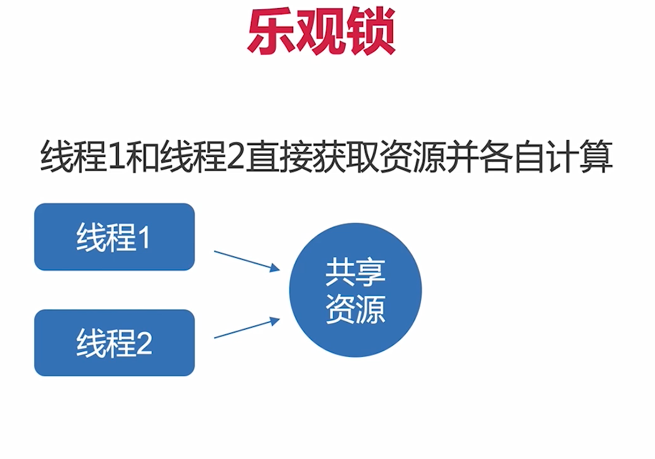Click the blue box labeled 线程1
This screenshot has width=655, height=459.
(x=115, y=237)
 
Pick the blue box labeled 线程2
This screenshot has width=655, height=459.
(x=115, y=343)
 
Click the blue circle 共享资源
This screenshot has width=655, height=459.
(x=356, y=290)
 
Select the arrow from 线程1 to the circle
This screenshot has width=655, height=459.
(x=245, y=260)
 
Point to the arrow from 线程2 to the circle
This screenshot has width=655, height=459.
(x=245, y=328)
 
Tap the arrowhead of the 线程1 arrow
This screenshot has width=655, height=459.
(x=275, y=268)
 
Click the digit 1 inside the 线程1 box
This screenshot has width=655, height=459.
(x=144, y=239)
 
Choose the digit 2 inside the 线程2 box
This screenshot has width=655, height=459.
(x=144, y=344)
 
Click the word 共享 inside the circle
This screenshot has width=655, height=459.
(x=356, y=273)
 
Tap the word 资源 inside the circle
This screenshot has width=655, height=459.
(x=356, y=309)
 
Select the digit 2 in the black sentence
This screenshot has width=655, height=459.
(x=235, y=157)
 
